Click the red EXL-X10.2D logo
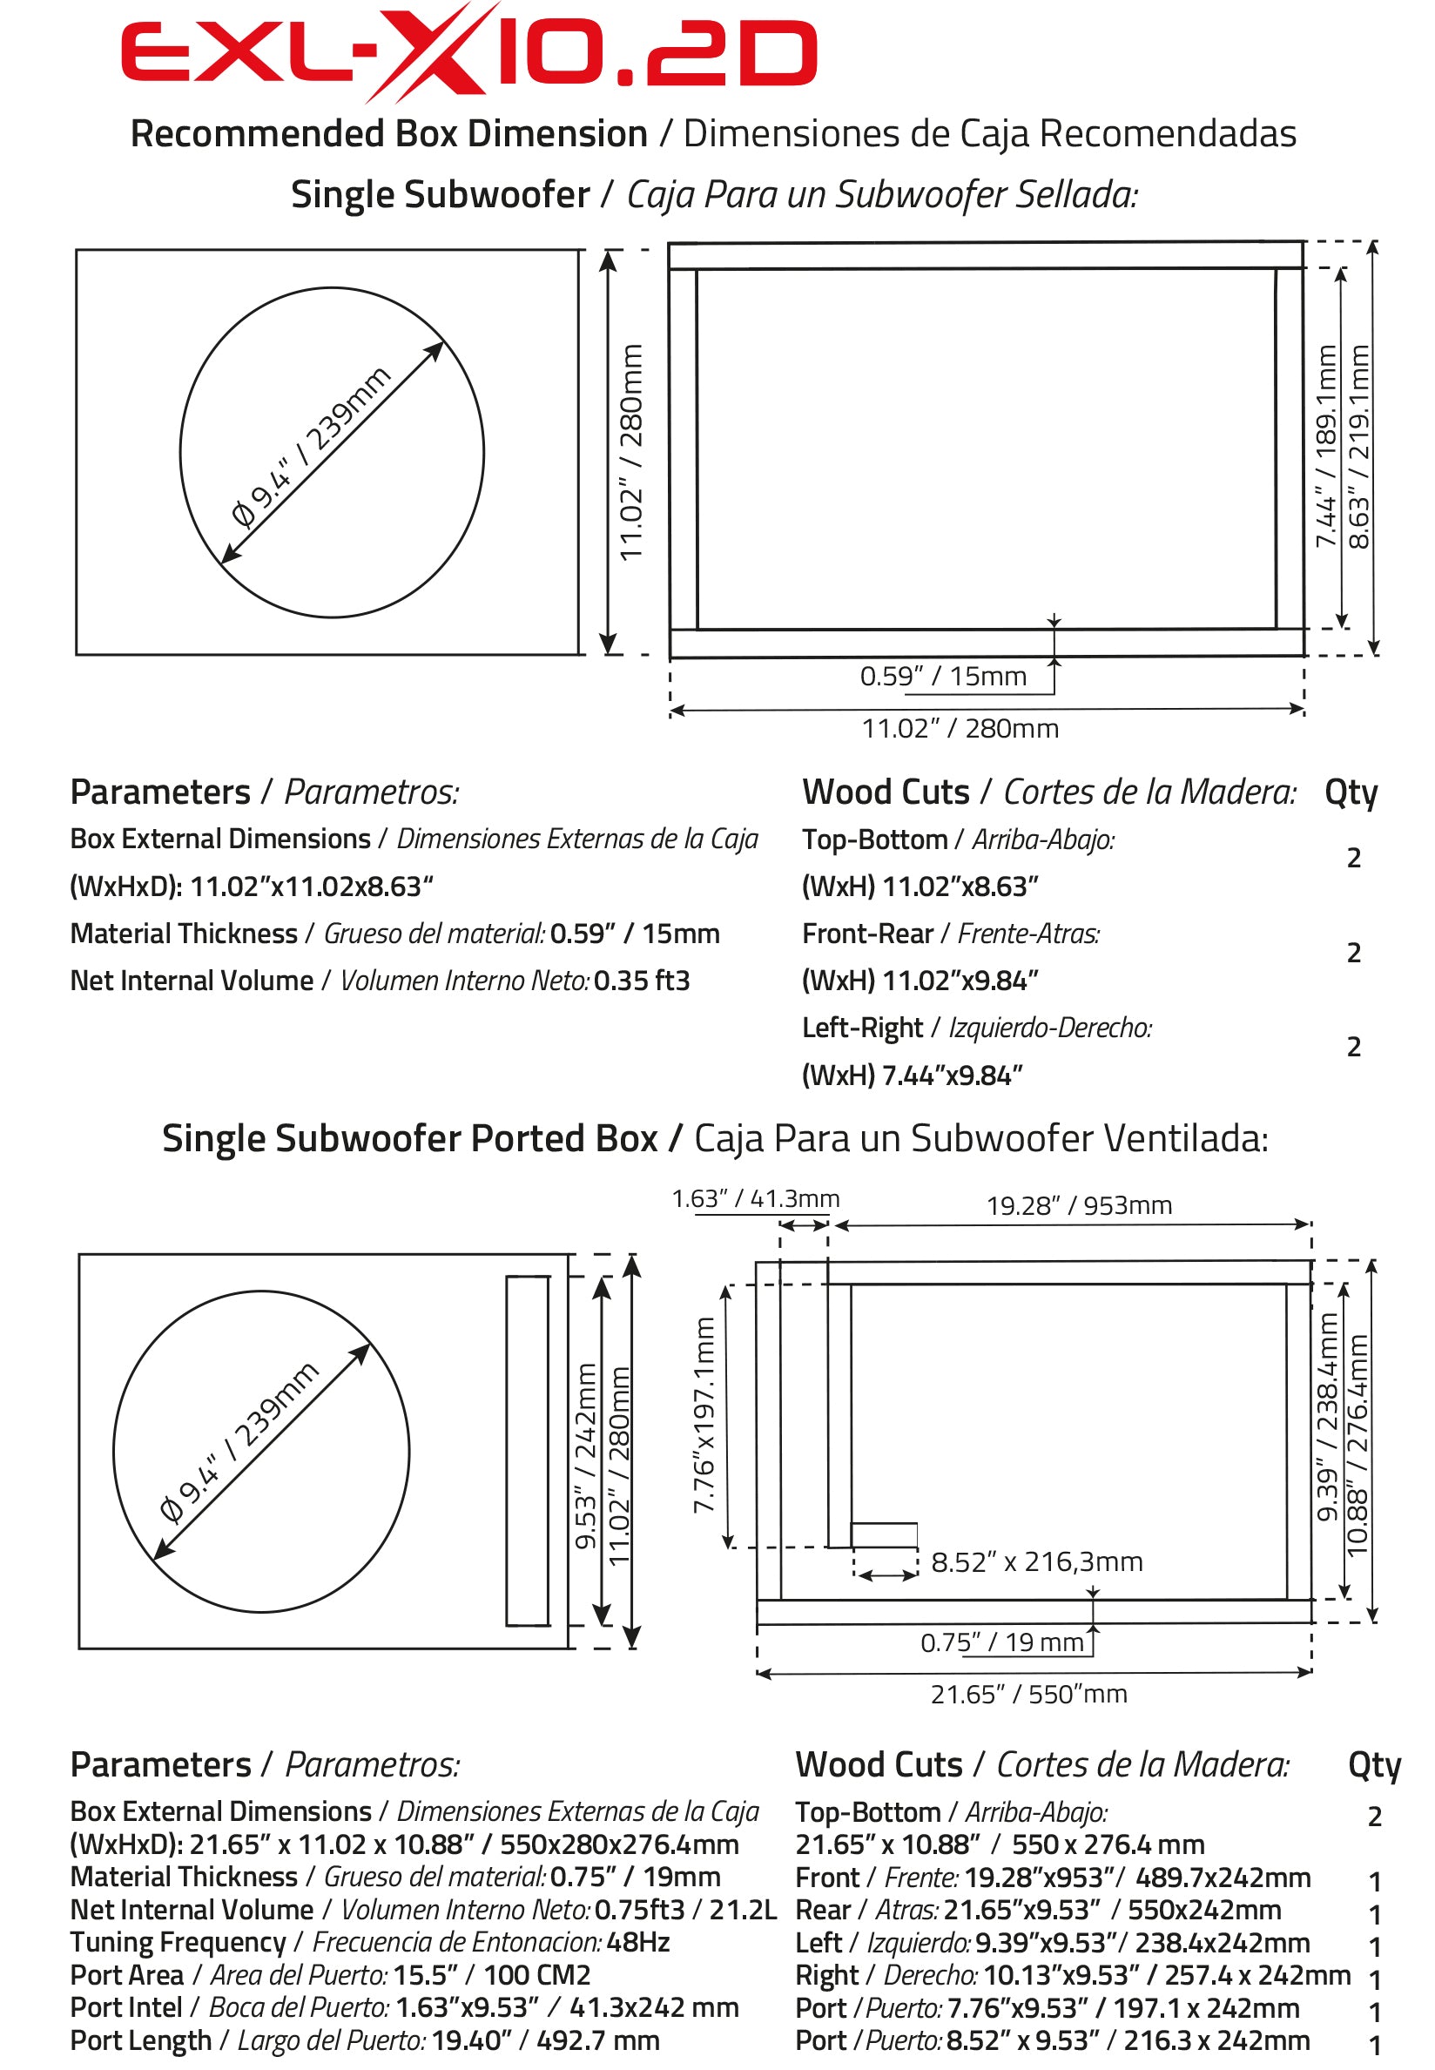click(x=468, y=52)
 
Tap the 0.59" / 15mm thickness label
click(x=942, y=677)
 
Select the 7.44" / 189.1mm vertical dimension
click(x=1325, y=446)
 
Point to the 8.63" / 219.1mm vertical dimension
click(x=1358, y=446)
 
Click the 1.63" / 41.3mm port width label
click(x=755, y=1198)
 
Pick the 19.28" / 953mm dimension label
click(x=1078, y=1205)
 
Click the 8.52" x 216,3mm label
click(x=1036, y=1562)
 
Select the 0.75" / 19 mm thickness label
click(x=1001, y=1643)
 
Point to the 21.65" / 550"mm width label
click(x=1027, y=1694)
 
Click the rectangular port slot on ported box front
click(x=527, y=1451)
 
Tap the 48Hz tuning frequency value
click(x=637, y=1942)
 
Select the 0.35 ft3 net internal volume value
click(x=641, y=981)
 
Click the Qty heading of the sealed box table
click(x=1350, y=792)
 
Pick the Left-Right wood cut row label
click(x=862, y=1028)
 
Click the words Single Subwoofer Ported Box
click(x=409, y=1138)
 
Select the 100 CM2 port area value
click(x=536, y=1975)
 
